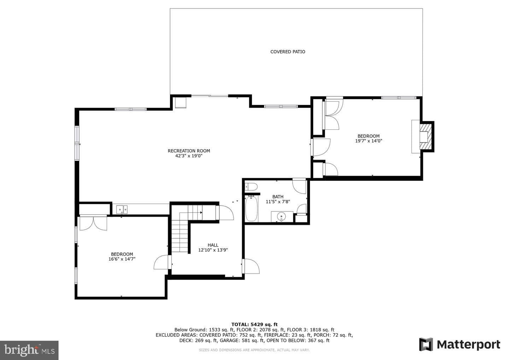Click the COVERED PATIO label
click(288, 52)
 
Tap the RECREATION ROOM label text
click(189, 151)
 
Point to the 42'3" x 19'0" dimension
click(189, 156)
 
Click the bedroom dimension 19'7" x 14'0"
click(369, 141)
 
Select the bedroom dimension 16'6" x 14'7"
click(122, 259)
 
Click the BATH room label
click(278, 197)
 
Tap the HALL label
click(213, 245)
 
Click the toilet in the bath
click(251, 187)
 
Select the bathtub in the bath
click(252, 208)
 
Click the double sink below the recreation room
click(122, 209)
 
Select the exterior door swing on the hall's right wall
click(251, 266)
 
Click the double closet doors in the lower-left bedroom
click(93, 223)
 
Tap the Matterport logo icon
click(426, 344)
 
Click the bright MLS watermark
click(29, 350)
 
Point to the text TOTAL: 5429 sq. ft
click(255, 324)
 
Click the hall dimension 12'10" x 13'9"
click(213, 250)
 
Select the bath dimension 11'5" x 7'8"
click(278, 202)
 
